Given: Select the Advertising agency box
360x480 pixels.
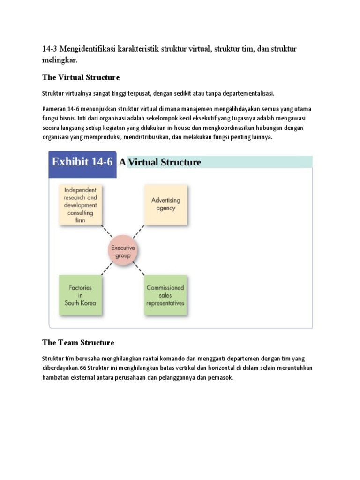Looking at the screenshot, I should (165, 204).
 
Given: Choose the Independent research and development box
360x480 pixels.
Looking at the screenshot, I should (80, 204).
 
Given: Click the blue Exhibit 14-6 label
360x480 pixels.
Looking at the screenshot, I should (82, 163).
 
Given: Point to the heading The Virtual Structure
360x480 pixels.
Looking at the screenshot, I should (81, 77).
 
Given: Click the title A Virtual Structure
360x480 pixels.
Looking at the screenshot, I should (161, 163).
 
